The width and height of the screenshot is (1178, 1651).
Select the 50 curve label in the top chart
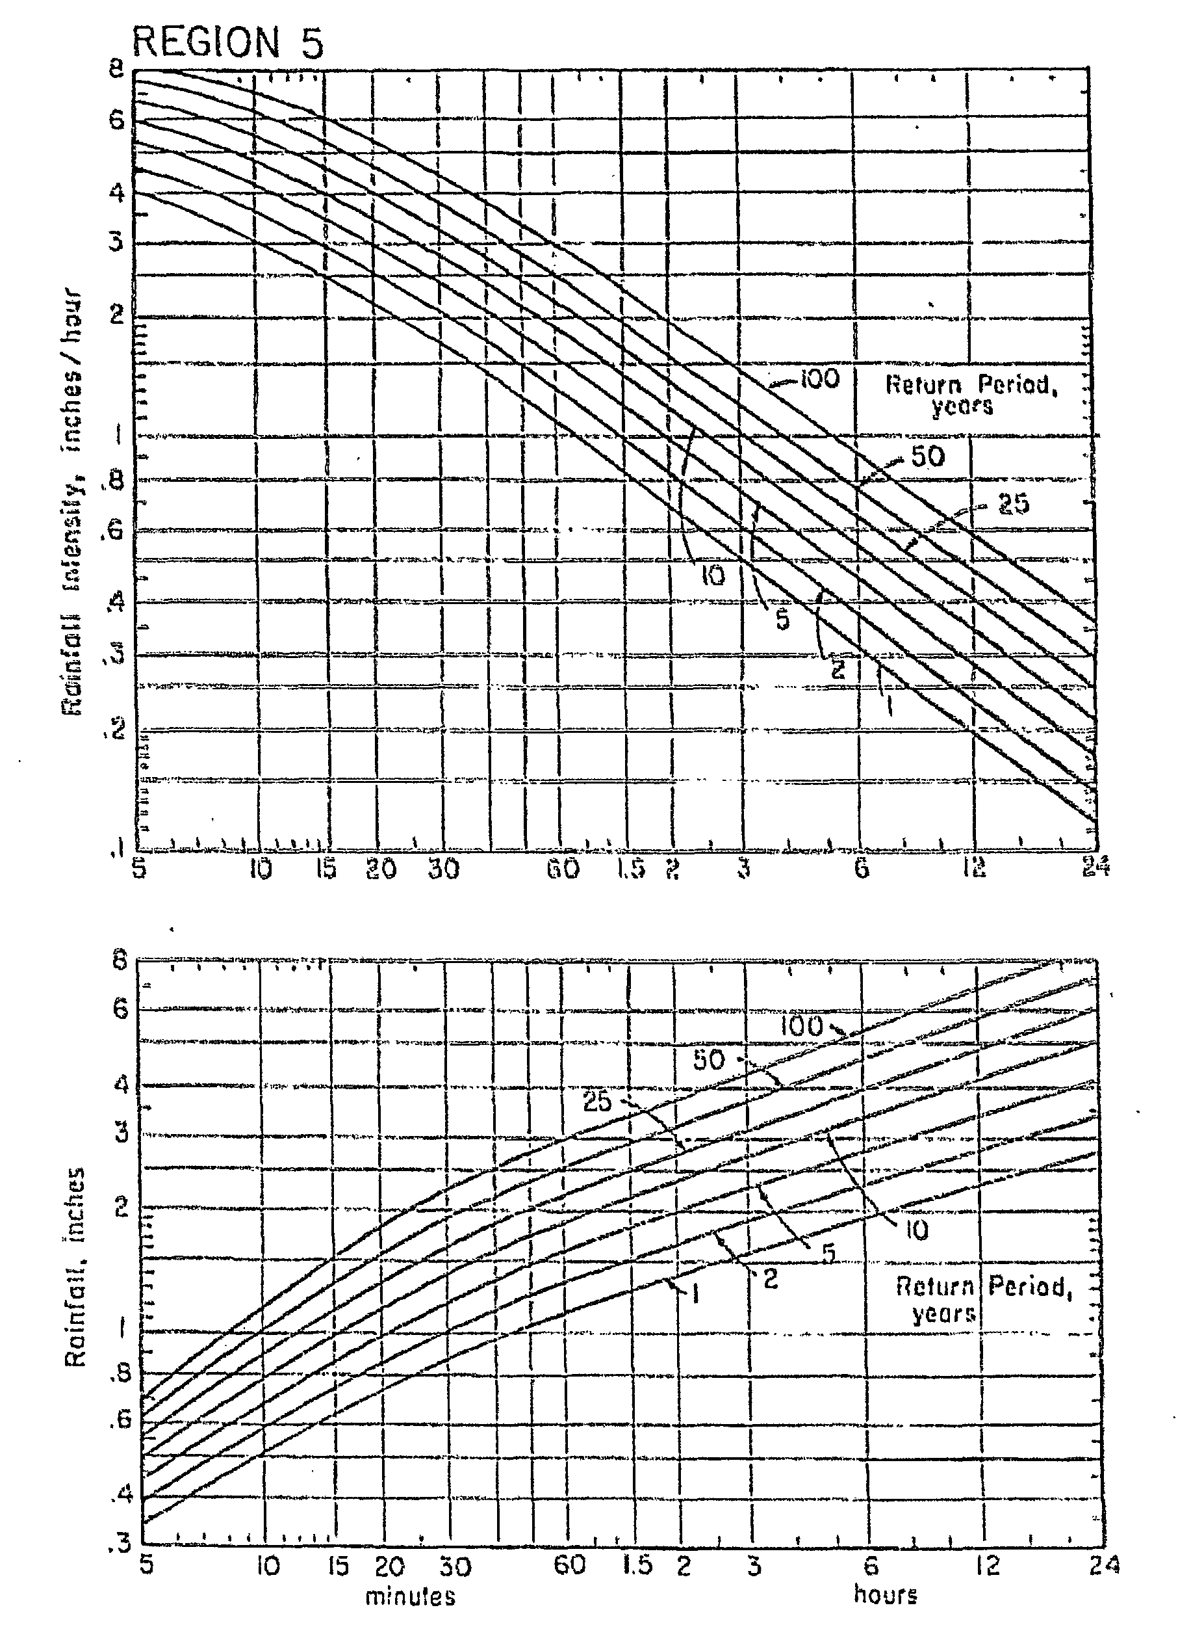coord(927,456)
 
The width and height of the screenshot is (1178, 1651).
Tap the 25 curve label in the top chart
coord(1014,504)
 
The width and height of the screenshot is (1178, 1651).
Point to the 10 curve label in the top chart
coord(712,576)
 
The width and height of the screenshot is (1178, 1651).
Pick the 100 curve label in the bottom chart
coord(802,1026)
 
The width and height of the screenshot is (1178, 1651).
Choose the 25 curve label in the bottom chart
coord(598,1102)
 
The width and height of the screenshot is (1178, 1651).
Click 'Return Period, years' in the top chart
coord(971,395)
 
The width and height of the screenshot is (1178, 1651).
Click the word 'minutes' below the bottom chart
coord(410,1596)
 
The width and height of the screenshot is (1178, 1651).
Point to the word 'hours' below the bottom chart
coord(885,1594)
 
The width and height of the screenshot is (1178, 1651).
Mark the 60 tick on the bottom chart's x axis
coord(569,1565)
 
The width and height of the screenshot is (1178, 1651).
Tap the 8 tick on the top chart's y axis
coord(117,70)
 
